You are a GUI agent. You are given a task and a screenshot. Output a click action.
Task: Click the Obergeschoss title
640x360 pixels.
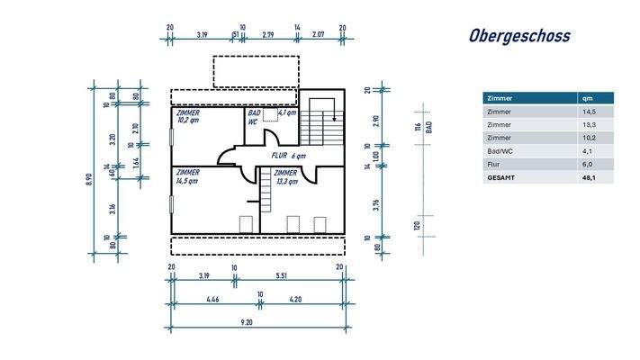[x=518, y=37]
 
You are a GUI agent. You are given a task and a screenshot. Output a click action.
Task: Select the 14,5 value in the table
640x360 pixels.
[x=589, y=111]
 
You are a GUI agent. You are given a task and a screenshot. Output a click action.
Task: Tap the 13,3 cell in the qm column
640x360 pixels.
[x=589, y=124]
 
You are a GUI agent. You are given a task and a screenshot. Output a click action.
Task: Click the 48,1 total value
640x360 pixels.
[x=589, y=178]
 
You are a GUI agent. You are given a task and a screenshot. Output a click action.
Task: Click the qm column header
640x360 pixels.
[x=587, y=97]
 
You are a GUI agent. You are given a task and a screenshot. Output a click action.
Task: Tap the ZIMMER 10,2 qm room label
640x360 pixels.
[x=189, y=117]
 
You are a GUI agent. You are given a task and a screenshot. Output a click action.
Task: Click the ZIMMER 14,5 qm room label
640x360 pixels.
[x=189, y=175]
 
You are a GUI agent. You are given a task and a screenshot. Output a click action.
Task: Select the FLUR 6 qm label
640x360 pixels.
[x=289, y=156]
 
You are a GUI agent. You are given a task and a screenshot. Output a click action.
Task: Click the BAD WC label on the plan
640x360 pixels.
[x=256, y=117]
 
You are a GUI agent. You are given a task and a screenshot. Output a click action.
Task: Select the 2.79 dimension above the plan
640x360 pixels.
[x=267, y=34]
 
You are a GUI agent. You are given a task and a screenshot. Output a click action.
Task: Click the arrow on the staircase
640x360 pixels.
[x=334, y=117]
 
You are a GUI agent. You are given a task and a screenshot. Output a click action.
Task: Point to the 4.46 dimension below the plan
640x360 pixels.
[x=212, y=298]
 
